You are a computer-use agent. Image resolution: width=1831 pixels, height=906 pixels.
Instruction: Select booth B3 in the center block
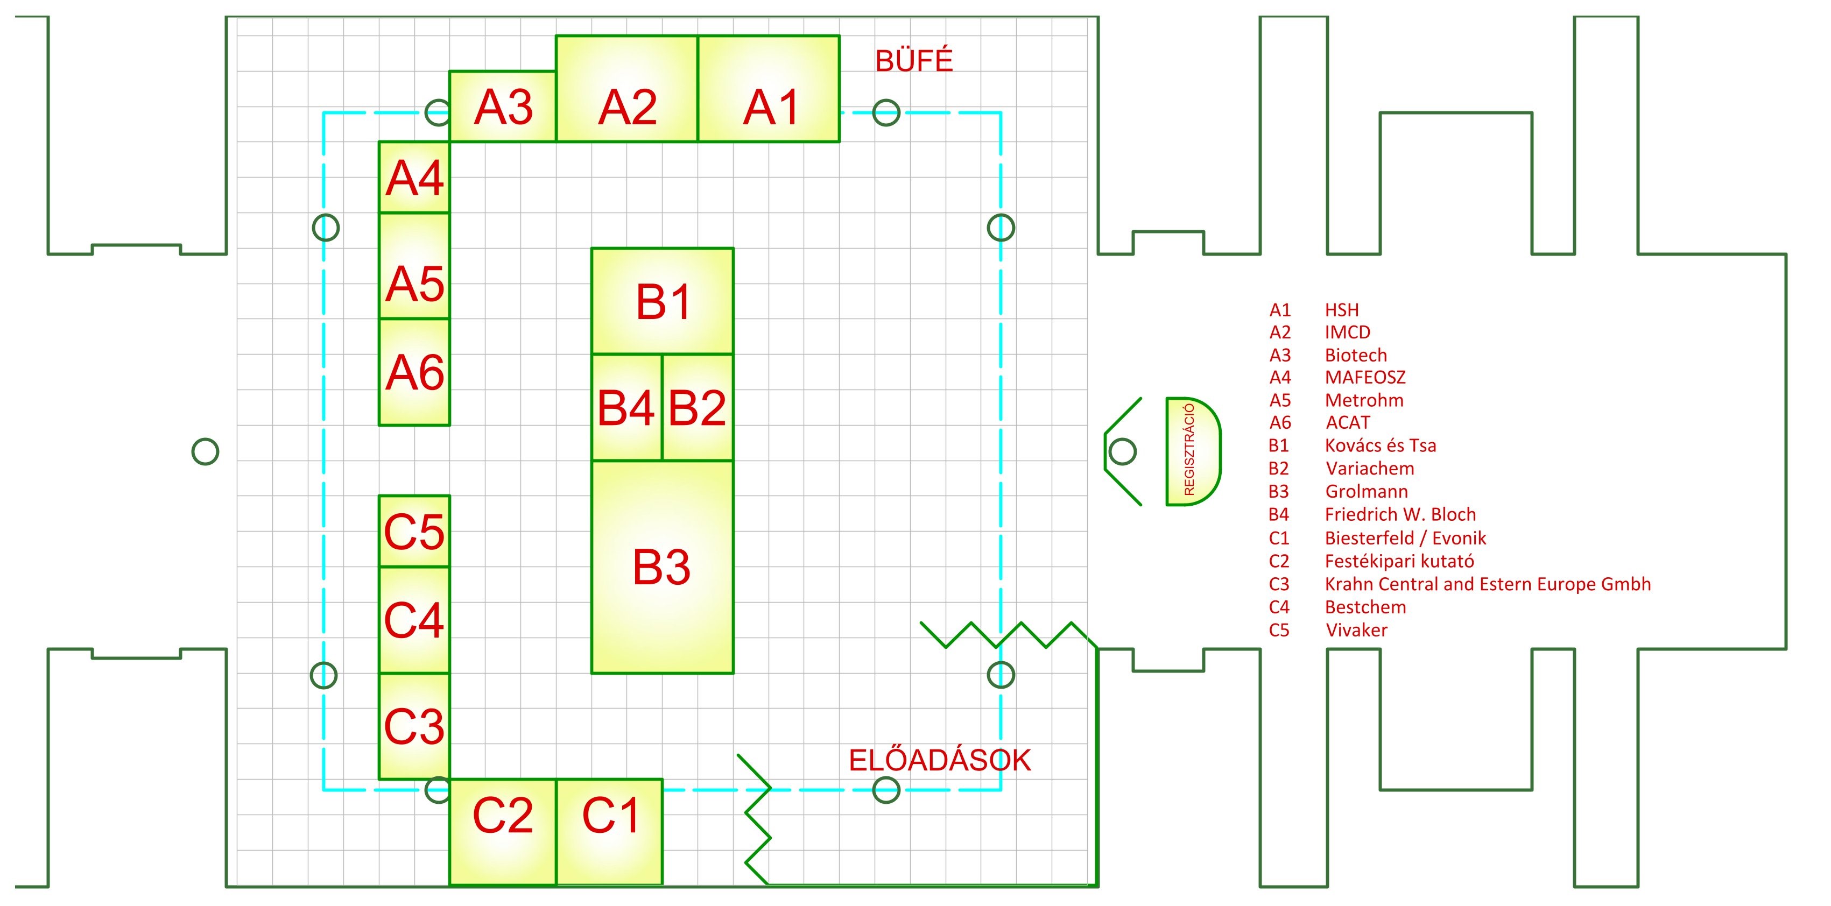coord(662,567)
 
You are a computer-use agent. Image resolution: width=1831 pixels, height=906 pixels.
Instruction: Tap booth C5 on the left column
coord(414,532)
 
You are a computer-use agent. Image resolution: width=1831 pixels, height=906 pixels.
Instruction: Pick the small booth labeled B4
coord(626,407)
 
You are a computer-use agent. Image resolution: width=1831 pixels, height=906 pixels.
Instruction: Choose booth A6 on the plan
coord(414,372)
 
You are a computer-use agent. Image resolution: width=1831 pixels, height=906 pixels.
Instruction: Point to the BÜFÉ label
coord(913,61)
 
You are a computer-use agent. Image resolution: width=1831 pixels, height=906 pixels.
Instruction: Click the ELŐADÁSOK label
coord(939,760)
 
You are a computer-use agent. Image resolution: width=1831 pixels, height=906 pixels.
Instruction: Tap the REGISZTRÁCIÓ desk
coord(1192,451)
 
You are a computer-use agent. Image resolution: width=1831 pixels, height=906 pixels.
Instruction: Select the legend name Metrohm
coord(1364,400)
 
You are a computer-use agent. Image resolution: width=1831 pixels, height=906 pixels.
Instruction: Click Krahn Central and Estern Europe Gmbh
coord(1487,584)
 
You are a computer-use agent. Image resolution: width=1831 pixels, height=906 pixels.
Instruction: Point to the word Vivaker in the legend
coord(1356,631)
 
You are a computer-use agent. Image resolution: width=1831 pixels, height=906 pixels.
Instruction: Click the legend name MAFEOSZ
coord(1365,377)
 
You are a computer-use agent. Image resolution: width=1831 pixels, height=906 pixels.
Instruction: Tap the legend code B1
coord(1279,445)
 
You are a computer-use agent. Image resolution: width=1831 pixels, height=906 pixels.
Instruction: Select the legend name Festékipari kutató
coord(1399,561)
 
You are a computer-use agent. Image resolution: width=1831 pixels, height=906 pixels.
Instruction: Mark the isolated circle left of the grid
coord(206,451)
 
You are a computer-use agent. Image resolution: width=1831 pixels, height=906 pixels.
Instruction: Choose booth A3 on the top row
coord(503,107)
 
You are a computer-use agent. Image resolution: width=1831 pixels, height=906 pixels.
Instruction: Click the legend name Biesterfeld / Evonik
coord(1405,538)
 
